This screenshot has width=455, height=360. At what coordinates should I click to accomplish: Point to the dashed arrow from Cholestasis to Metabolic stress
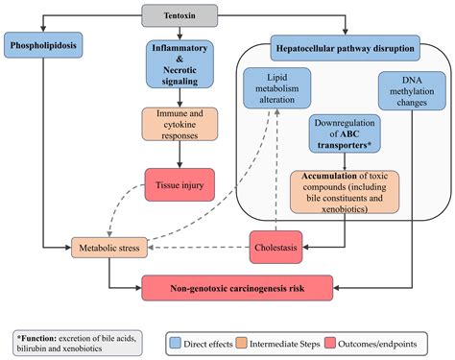197,247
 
